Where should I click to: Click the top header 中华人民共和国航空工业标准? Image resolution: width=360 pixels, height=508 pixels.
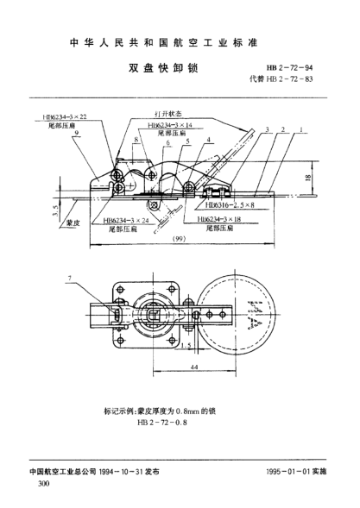point(179,40)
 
